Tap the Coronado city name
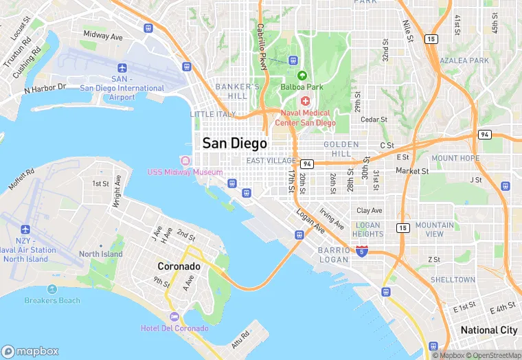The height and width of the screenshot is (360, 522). pos(179,266)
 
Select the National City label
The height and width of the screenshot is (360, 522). pos(488,330)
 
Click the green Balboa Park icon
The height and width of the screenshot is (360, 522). pos(302,75)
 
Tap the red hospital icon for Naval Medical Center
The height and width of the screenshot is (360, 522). pos(305,101)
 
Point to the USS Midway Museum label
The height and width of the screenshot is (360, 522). pos(185,172)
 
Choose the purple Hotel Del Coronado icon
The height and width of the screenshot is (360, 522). pos(174,317)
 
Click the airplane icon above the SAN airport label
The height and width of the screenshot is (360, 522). pos(122,68)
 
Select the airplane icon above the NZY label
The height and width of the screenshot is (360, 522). pos(26,229)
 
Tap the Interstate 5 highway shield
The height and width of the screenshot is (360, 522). pos(361,252)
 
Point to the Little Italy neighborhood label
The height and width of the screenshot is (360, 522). pos(212,114)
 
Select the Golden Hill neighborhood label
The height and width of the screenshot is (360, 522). pos(341,149)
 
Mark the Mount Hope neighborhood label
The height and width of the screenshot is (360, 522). pos(455,158)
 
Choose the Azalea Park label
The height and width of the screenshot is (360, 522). pos(465,60)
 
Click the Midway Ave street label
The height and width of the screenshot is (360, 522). pos(102,34)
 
